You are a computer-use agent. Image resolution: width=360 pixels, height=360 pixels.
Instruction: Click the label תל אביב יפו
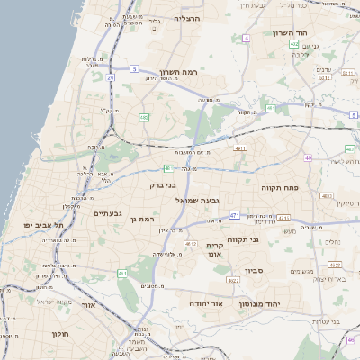pyautogui.click(x=40, y=224)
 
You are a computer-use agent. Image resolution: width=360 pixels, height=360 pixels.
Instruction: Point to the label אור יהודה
pyautogui.click(x=205, y=304)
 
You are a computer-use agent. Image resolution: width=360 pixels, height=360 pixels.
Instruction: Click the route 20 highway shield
pyautogui.click(x=112, y=77)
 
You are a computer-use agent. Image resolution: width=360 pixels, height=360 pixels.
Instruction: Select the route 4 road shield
pyautogui.click(x=246, y=38)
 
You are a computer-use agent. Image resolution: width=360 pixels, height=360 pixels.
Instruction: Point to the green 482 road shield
pyautogui.click(x=144, y=117)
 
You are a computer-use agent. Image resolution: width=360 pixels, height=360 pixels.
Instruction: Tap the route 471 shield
pyautogui.click(x=234, y=215)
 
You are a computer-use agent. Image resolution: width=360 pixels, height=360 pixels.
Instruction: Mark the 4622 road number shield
pyautogui.click(x=190, y=244)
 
